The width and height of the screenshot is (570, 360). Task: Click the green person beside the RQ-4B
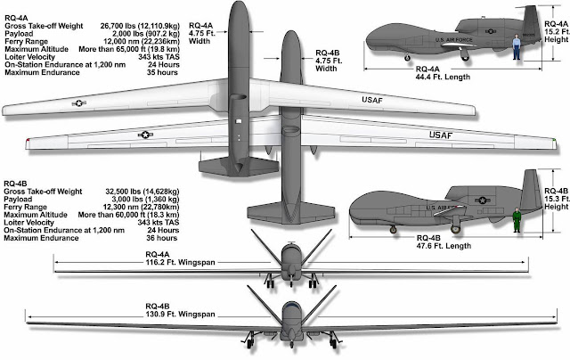[517, 219]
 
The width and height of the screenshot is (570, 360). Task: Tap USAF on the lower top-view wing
[443, 135]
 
